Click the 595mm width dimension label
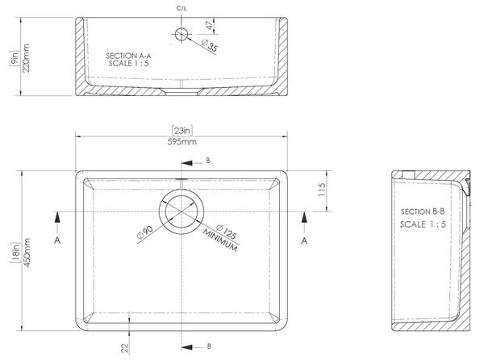click(181, 142)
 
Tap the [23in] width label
click(182, 131)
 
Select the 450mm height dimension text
click(27, 253)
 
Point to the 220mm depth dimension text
click(27, 58)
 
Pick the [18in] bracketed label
click(15, 253)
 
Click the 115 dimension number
click(321, 190)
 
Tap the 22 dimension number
click(124, 348)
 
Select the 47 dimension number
click(209, 25)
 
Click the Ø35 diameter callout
click(210, 46)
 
